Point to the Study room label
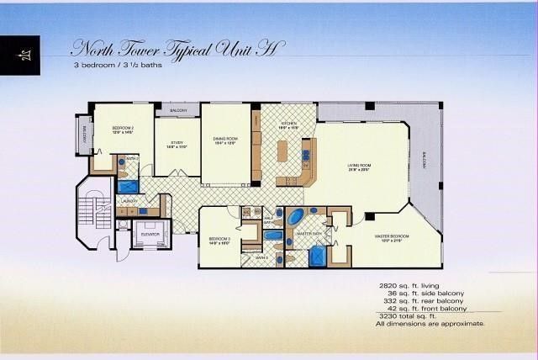pyautogui.click(x=177, y=145)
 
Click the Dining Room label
pyautogui.click(x=224, y=140)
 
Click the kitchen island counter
pyautogui.click(x=282, y=151)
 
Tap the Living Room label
pyautogui.click(x=360, y=167)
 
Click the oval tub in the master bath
pyautogui.click(x=298, y=217)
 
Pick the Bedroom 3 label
pyautogui.click(x=219, y=240)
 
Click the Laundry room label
pyautogui.click(x=129, y=202)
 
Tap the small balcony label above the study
pyautogui.click(x=178, y=111)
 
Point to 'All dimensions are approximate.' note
pyautogui.click(x=430, y=324)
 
